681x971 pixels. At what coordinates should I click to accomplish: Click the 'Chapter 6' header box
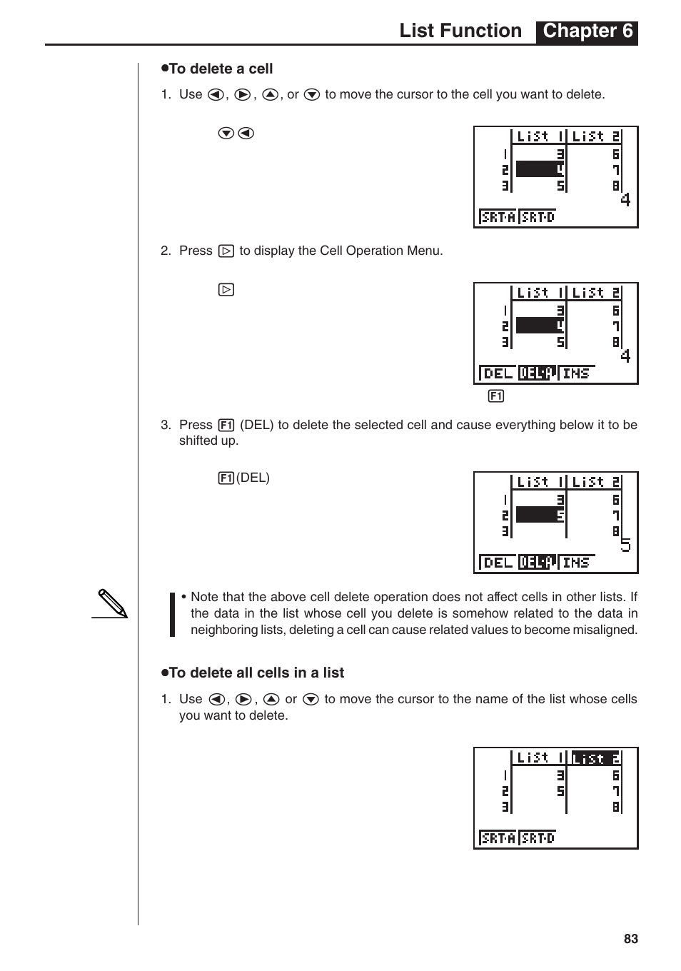coord(587,31)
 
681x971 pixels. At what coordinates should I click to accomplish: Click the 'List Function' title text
coord(460,31)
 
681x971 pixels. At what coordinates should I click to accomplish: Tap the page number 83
coord(630,939)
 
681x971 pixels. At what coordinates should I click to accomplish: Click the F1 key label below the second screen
coord(496,396)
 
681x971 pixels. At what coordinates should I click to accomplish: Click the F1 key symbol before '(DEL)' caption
coord(226,478)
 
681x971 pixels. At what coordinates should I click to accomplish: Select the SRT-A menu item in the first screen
coord(498,217)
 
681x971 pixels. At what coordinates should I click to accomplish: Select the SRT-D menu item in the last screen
coord(538,838)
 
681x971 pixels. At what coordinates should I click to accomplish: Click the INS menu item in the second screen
coord(576,373)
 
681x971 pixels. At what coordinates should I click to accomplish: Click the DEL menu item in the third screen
coord(498,563)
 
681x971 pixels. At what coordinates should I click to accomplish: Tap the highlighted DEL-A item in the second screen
coord(537,373)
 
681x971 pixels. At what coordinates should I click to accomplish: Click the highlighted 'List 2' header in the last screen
coord(596,758)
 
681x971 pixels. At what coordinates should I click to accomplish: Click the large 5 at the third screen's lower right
coord(625,545)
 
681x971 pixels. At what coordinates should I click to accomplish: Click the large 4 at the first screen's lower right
coord(625,200)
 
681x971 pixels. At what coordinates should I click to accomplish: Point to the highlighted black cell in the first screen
coord(540,170)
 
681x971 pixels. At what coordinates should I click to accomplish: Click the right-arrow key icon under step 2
coord(226,290)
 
